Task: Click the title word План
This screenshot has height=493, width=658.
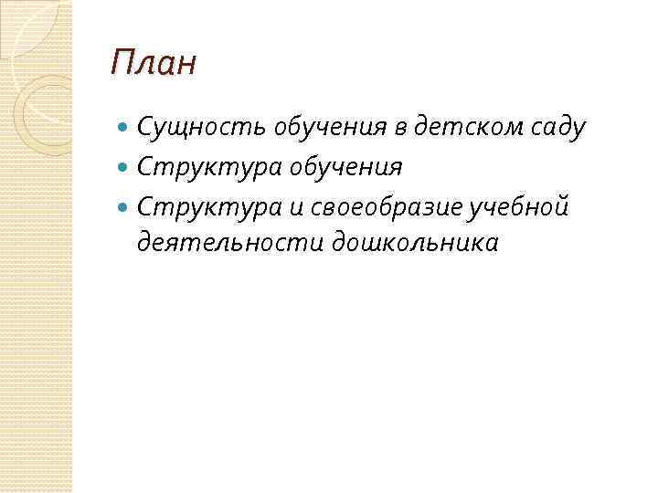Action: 153,65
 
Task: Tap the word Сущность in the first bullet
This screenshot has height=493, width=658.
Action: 200,128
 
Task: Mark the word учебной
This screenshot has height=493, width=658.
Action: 519,206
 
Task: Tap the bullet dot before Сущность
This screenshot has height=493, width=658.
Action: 125,129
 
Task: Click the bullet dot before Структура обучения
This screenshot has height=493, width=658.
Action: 125,168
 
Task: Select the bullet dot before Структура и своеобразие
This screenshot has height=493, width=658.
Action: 125,207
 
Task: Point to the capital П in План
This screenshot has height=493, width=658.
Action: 121,65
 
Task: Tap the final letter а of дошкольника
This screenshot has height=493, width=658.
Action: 492,244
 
